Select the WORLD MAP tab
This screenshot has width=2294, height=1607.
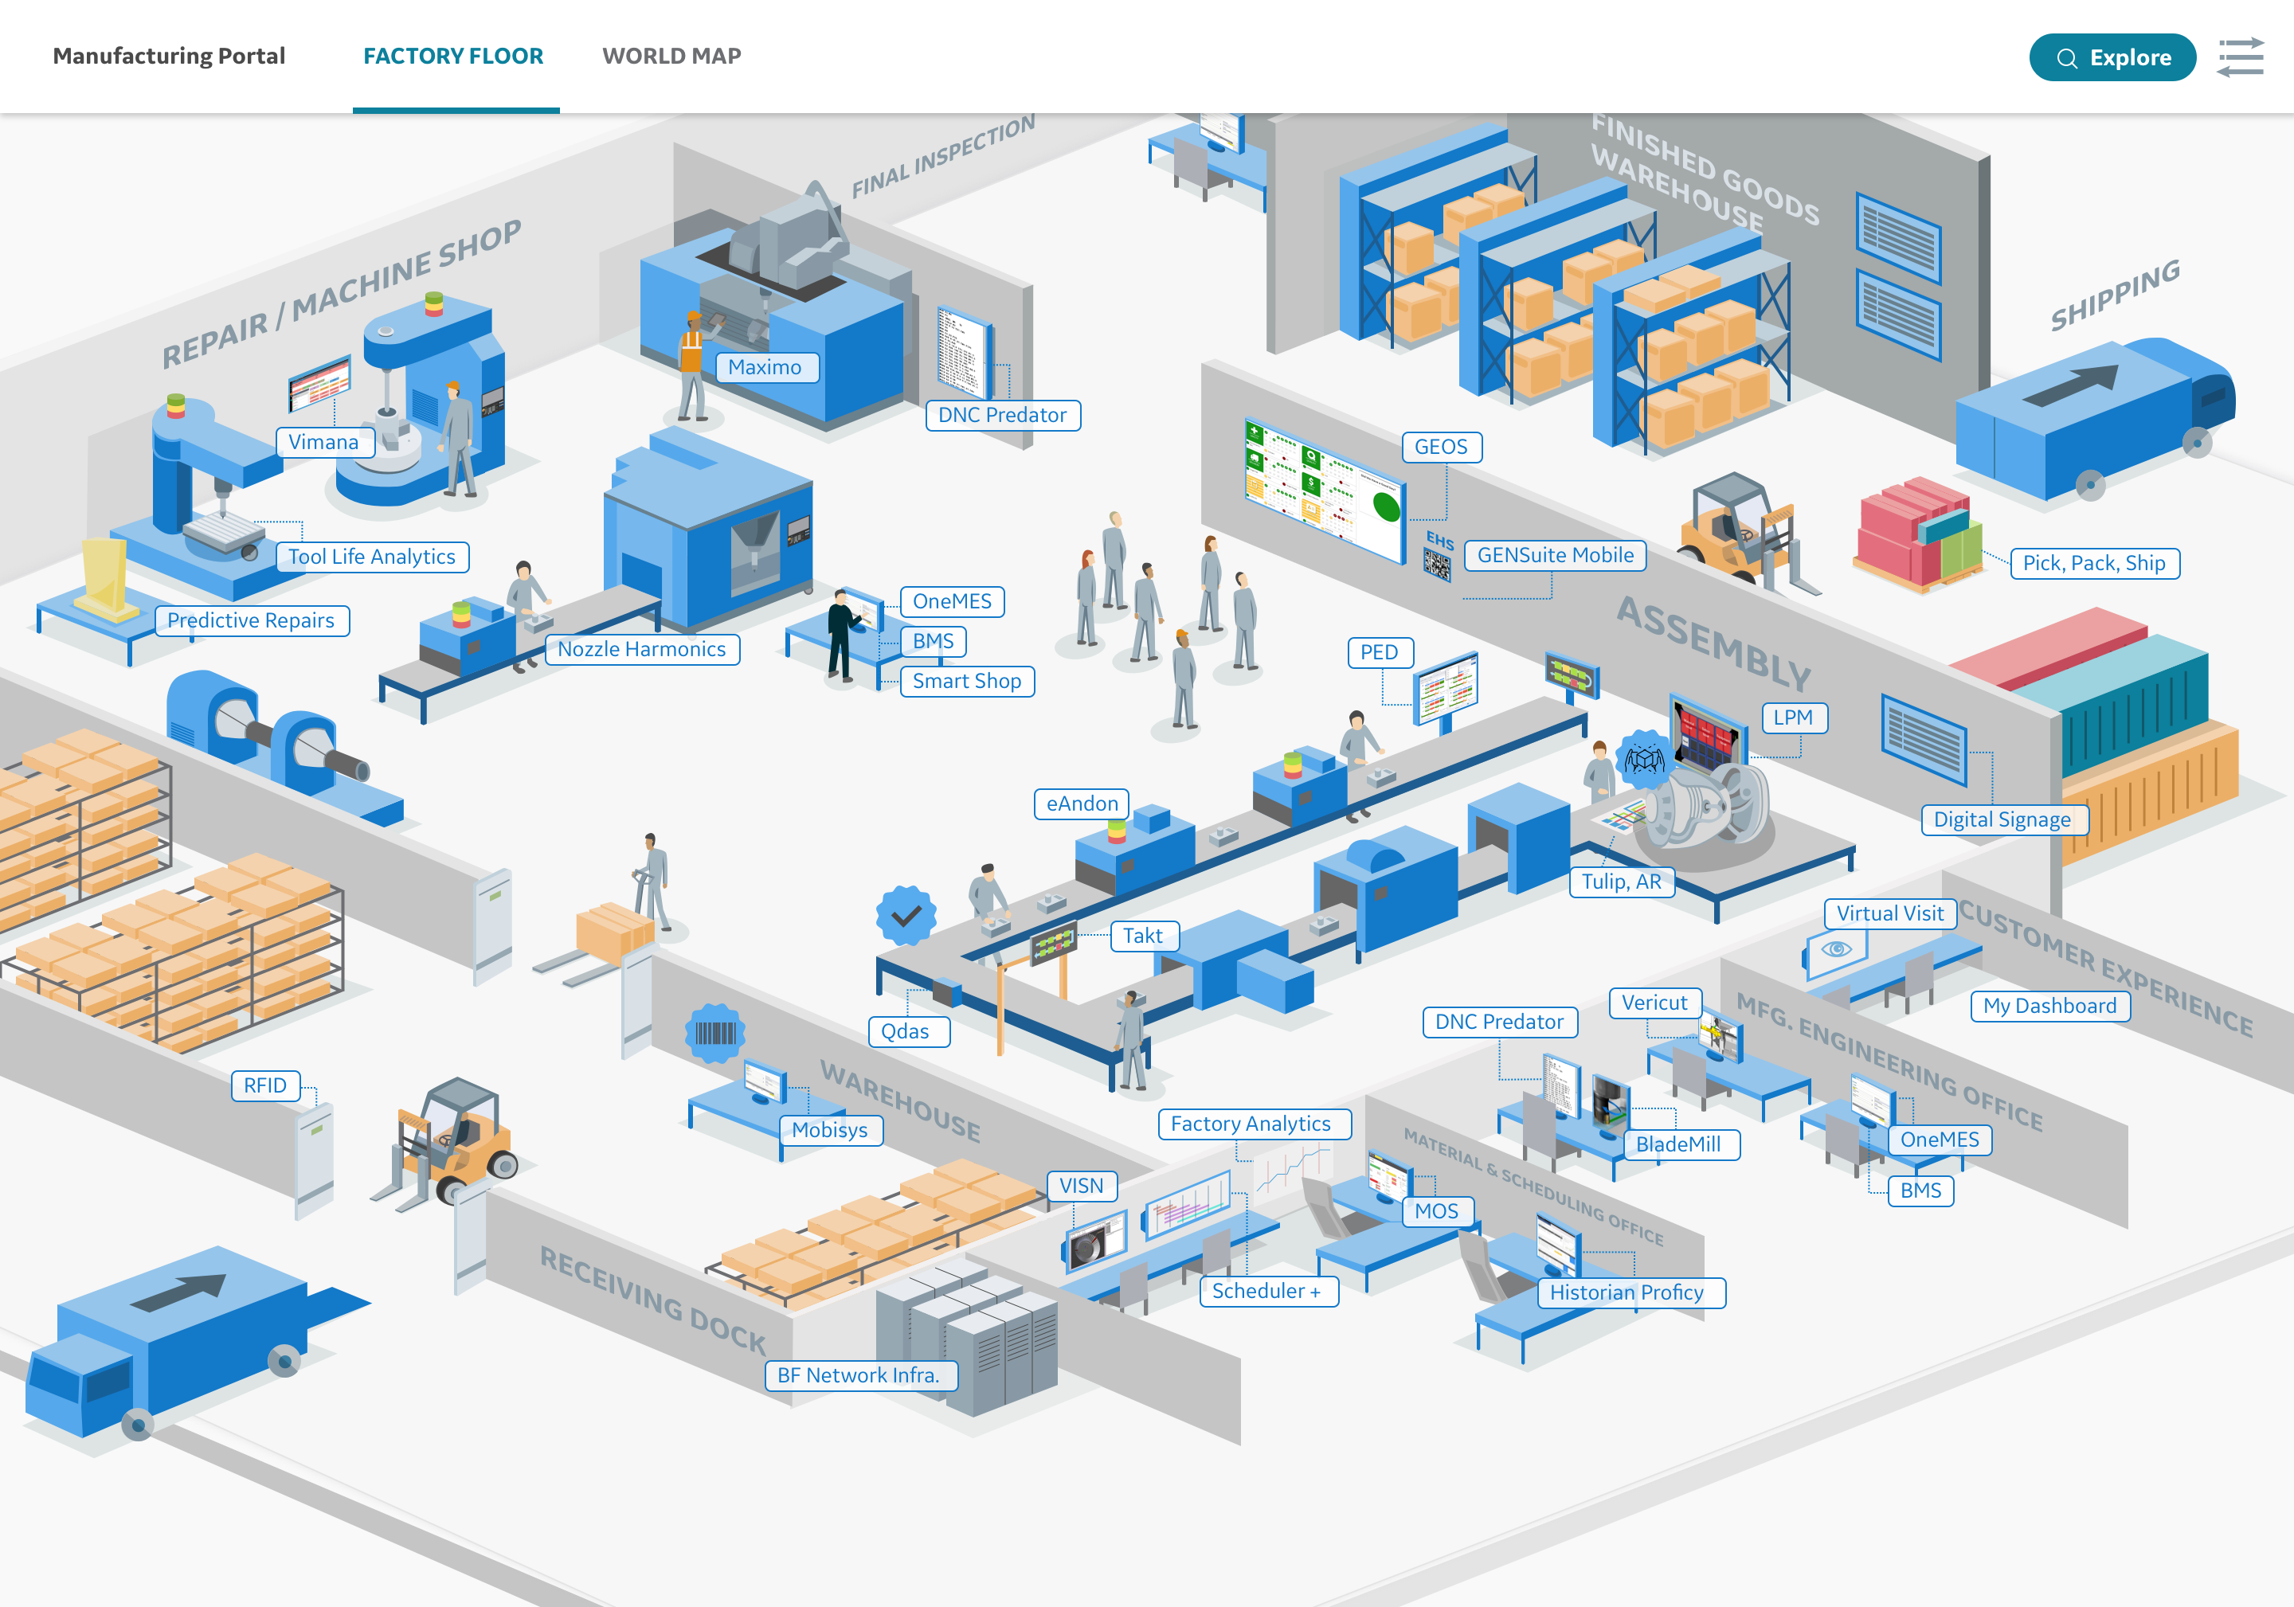(x=671, y=56)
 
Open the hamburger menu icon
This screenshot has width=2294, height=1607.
(x=2240, y=58)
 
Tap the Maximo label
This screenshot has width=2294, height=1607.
(x=765, y=368)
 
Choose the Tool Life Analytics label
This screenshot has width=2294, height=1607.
(x=372, y=557)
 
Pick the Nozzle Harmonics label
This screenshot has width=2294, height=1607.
(x=641, y=649)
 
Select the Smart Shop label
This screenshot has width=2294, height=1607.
(x=966, y=681)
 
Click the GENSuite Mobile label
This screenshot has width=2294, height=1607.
(x=1555, y=555)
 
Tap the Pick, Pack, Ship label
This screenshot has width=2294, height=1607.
(x=2093, y=563)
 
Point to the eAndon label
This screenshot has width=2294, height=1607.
(x=1082, y=804)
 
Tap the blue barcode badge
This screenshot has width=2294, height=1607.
(x=715, y=1033)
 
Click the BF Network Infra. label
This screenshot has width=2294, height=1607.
(x=858, y=1375)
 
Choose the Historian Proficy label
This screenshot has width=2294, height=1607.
(x=1627, y=1292)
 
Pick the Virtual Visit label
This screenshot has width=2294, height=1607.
(x=1889, y=914)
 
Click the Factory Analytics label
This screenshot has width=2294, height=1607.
(x=1250, y=1124)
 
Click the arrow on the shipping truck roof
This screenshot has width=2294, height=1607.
(x=2073, y=385)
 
